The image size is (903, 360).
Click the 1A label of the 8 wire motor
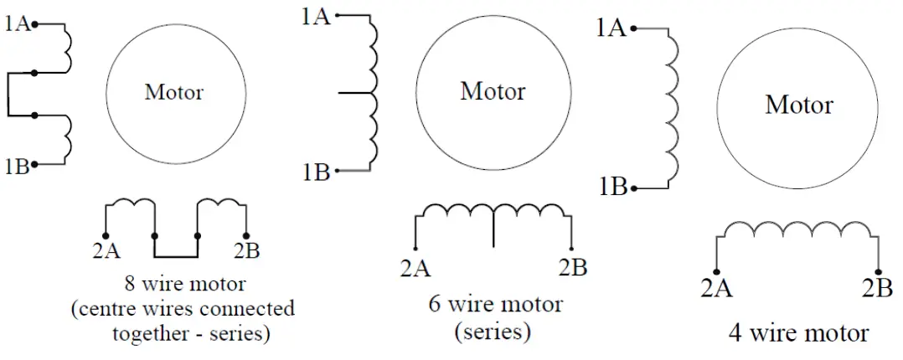[x=18, y=24]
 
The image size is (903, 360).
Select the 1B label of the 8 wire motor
[x=16, y=167]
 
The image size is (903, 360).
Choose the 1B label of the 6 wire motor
[x=316, y=172]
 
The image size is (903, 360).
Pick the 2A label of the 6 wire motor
[x=416, y=268]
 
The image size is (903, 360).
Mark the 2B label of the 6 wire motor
[x=572, y=268]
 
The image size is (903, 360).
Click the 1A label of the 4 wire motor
[x=611, y=28]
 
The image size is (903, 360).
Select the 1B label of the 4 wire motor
[x=613, y=186]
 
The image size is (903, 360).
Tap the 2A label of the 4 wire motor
[x=717, y=289]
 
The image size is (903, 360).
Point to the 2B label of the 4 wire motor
[x=878, y=289]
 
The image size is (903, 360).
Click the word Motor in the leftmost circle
[x=174, y=91]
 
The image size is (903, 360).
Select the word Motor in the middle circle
[x=493, y=90]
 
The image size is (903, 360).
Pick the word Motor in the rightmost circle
[x=799, y=105]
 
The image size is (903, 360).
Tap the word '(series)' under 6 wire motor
[x=493, y=331]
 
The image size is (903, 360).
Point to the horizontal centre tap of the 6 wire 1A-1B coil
[x=356, y=93]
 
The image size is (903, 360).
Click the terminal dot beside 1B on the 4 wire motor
[x=634, y=186]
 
